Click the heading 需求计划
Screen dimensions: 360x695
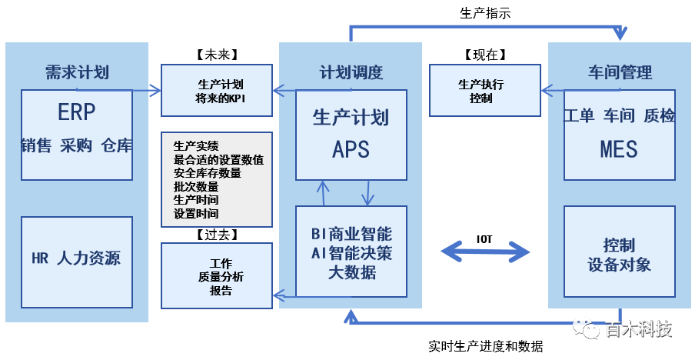[x=77, y=73]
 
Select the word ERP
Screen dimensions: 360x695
[x=77, y=113]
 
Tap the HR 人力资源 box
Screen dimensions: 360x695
[x=76, y=258]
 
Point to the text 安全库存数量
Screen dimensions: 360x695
[x=207, y=173]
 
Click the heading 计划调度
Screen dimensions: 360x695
[x=351, y=73]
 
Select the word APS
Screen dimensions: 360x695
[x=351, y=148]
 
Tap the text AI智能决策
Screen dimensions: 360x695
[x=351, y=252]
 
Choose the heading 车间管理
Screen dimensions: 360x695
[x=620, y=73]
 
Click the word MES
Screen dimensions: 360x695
[x=619, y=148]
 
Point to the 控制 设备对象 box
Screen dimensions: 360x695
[x=619, y=255]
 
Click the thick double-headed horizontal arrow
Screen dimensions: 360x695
[x=485, y=252]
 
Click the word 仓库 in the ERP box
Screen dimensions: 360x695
[x=117, y=146]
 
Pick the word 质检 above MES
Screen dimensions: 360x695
[x=659, y=116]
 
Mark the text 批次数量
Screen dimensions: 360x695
[x=196, y=187]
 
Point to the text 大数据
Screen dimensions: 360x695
[x=351, y=272]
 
